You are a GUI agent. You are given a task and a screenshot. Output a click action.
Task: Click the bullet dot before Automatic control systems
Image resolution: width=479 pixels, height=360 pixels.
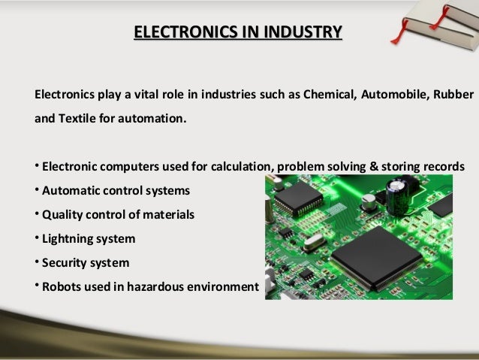(x=37, y=189)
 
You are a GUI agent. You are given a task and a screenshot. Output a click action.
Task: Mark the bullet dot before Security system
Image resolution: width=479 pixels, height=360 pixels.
(x=37, y=262)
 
